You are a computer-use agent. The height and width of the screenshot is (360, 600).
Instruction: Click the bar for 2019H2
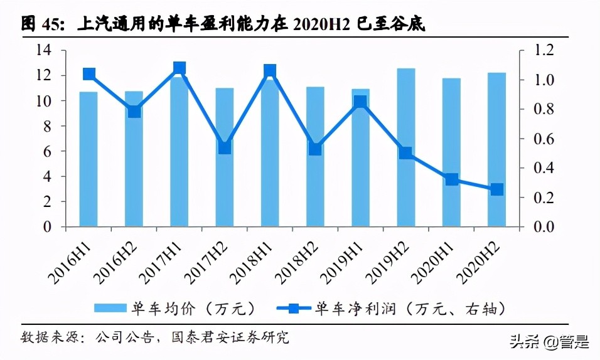pyautogui.click(x=406, y=147)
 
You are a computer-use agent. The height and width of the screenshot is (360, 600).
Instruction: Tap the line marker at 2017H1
pyautogui.click(x=179, y=68)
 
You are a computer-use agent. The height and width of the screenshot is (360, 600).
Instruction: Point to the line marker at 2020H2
pyautogui.click(x=496, y=189)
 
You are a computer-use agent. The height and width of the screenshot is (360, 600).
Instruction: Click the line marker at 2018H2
pyautogui.click(x=315, y=149)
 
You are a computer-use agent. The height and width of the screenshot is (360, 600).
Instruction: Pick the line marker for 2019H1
pyautogui.click(x=360, y=102)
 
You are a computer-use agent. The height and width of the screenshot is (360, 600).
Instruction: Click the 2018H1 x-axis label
pyautogui.click(x=255, y=262)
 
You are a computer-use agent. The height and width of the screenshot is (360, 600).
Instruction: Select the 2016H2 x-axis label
pyautogui.click(x=119, y=262)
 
